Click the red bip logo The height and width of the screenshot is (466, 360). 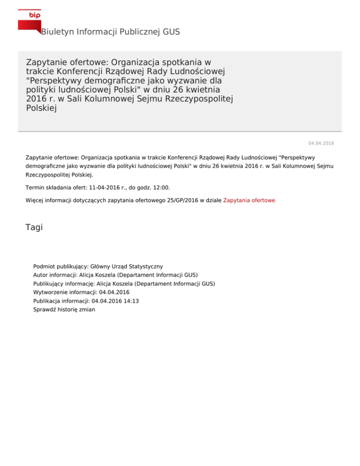pos(29,19)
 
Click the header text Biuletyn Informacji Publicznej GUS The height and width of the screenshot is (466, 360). pos(110,32)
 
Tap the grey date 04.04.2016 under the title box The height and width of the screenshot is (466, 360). pos(321,143)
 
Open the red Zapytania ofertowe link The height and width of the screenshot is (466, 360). pos(249,200)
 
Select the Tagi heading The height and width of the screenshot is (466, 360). pos(34,227)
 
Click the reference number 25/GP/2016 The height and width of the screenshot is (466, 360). pos(170,200)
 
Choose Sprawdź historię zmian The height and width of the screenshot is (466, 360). pos(64,310)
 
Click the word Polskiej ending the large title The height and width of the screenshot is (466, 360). pos(41,108)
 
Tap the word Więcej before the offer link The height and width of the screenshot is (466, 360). pos(35,200)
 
